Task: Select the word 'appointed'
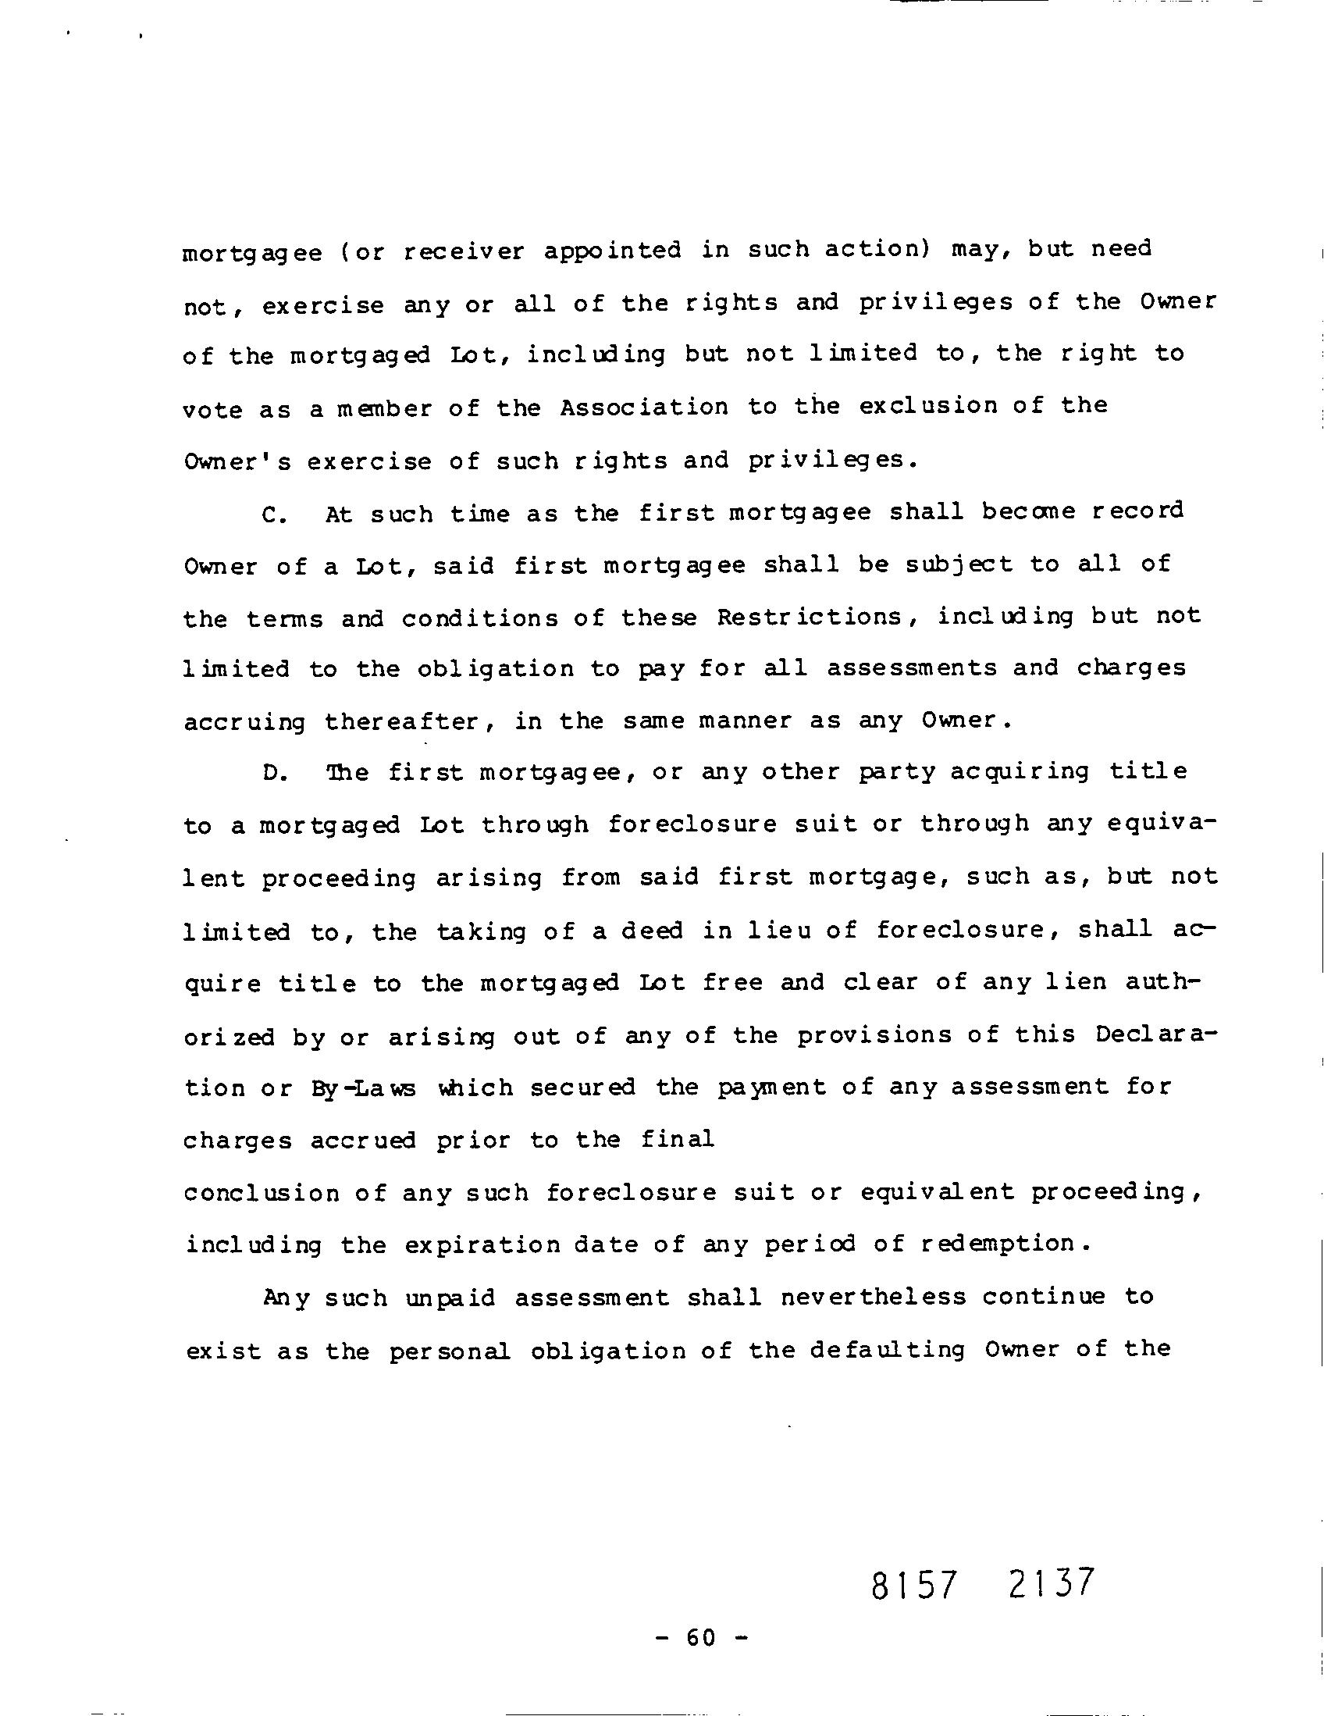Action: coord(612,251)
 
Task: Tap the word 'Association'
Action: coord(644,407)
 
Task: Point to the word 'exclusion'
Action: coord(927,406)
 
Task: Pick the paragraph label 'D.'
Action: coord(274,773)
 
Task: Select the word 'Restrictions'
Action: coord(810,617)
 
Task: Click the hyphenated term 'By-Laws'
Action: coord(363,1089)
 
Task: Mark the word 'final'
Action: coord(678,1139)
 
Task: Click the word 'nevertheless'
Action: coord(873,1297)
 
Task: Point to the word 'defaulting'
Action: coord(888,1350)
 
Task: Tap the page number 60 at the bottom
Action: coord(701,1638)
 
